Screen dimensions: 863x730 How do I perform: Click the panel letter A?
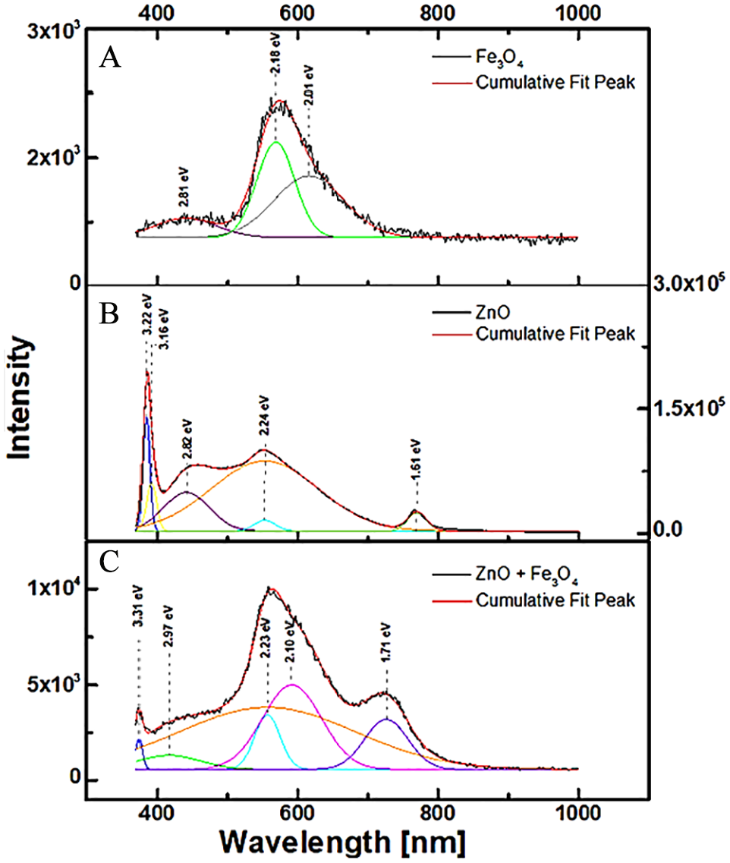click(111, 59)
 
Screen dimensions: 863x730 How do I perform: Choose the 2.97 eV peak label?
click(168, 624)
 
